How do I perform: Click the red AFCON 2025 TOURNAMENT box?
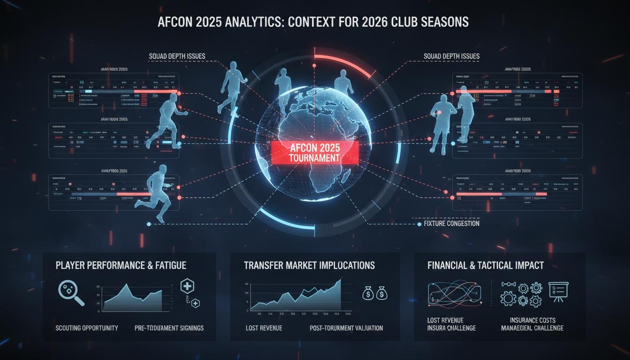[315, 152]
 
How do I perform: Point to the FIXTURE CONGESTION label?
[451, 224]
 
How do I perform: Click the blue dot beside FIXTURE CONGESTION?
[419, 225]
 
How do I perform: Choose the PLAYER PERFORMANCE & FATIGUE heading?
[121, 265]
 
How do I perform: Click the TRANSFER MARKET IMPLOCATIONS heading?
[309, 265]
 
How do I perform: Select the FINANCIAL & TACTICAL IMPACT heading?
[486, 265]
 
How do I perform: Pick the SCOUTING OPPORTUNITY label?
[87, 328]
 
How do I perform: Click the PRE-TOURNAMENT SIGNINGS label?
[169, 328]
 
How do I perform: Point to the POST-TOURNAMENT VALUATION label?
[346, 328]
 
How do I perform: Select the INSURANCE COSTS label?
[532, 320]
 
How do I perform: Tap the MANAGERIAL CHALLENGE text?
[532, 328]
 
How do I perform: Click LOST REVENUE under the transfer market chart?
[264, 328]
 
